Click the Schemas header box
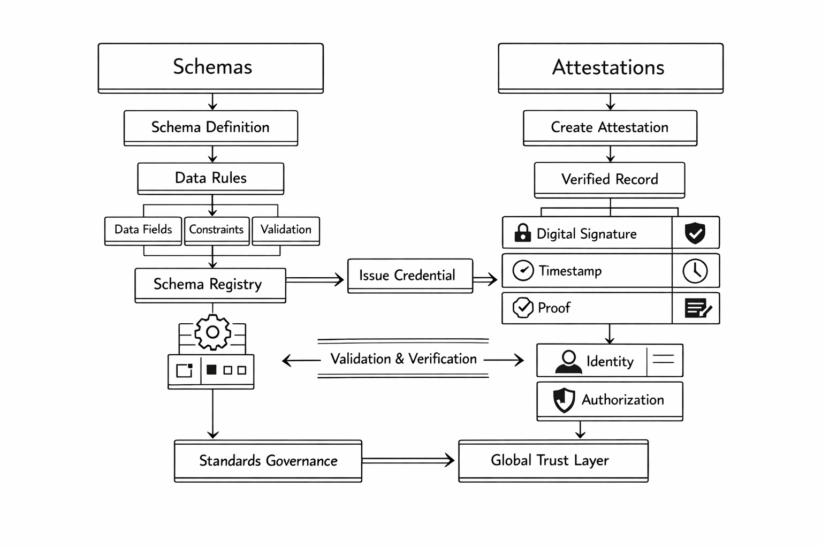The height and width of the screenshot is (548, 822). [x=211, y=67]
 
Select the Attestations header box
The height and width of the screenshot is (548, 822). [x=610, y=68]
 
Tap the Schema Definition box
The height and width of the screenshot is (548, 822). [x=210, y=127]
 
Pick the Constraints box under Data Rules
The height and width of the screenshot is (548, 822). [x=216, y=230]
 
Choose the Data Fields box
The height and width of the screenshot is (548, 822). [x=143, y=230]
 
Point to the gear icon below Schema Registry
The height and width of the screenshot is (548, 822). [x=212, y=332]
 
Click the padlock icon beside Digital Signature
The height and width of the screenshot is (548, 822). [x=522, y=233]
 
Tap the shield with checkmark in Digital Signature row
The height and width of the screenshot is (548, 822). [x=695, y=233]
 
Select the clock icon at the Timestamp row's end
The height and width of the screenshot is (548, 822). [x=695, y=271]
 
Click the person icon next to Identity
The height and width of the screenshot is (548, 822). [x=568, y=361]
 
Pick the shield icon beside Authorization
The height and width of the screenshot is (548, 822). [x=564, y=400]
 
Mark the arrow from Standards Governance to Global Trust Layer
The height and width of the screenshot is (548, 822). [x=409, y=460]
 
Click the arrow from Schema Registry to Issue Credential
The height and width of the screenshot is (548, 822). [x=315, y=279]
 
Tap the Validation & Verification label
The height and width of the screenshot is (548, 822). [x=404, y=359]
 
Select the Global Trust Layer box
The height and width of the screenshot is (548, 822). [x=553, y=461]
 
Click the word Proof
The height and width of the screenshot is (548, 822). [x=554, y=308]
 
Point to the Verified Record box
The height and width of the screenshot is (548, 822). [x=609, y=179]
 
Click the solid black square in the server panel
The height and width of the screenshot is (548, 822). [x=211, y=369]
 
